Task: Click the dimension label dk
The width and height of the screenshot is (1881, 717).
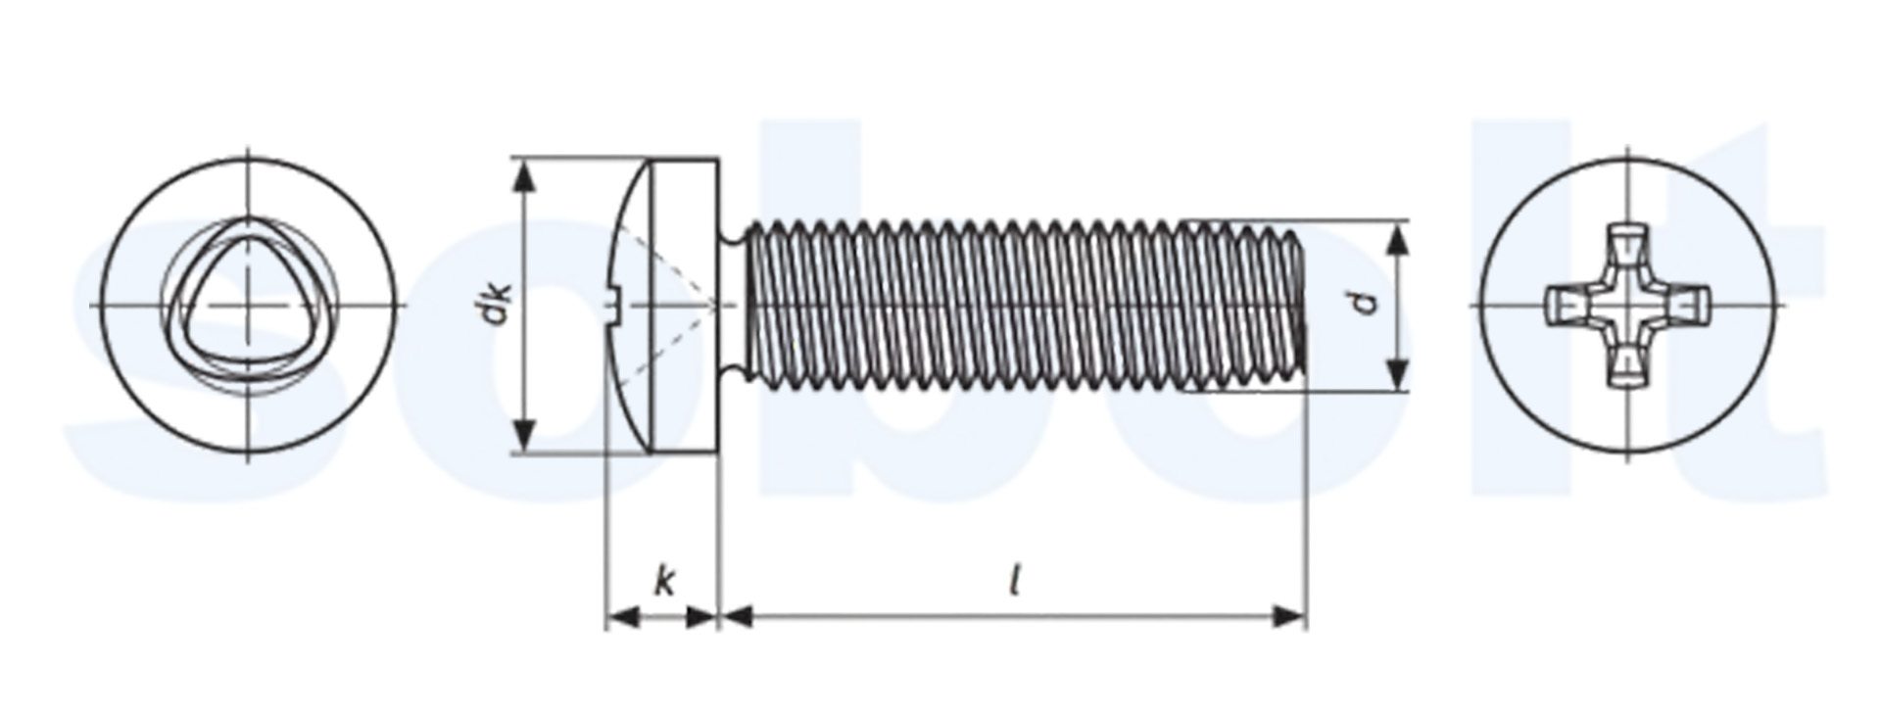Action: click(x=501, y=304)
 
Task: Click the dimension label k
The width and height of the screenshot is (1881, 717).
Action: click(x=664, y=583)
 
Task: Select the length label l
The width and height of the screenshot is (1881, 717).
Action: click(x=1015, y=582)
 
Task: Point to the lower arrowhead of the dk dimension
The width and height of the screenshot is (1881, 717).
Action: click(x=526, y=433)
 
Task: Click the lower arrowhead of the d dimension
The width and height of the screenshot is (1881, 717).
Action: click(x=1399, y=372)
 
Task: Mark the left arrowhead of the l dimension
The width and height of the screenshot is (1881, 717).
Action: click(x=737, y=616)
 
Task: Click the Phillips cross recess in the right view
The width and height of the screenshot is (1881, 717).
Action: click(x=1627, y=306)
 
